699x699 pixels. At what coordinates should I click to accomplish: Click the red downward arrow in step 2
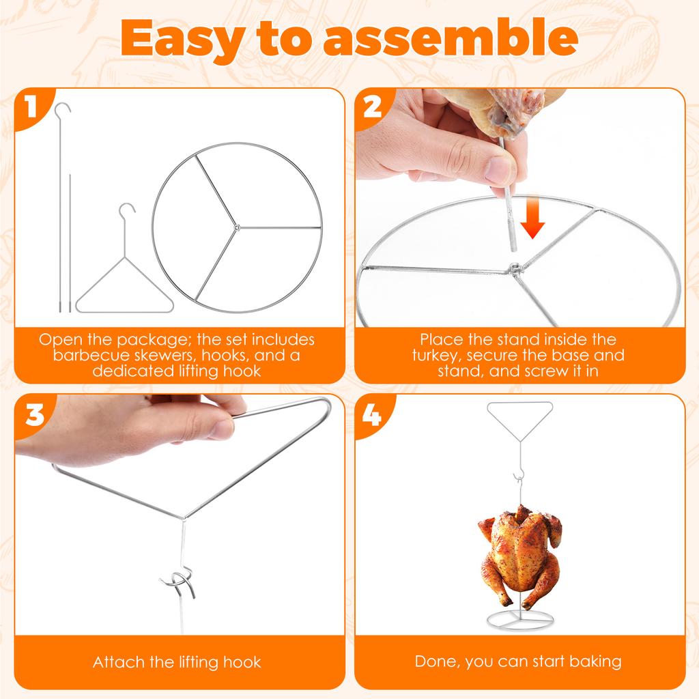point(533,219)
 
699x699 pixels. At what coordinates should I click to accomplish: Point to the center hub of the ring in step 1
point(235,227)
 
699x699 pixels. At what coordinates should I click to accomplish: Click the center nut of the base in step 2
point(516,269)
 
